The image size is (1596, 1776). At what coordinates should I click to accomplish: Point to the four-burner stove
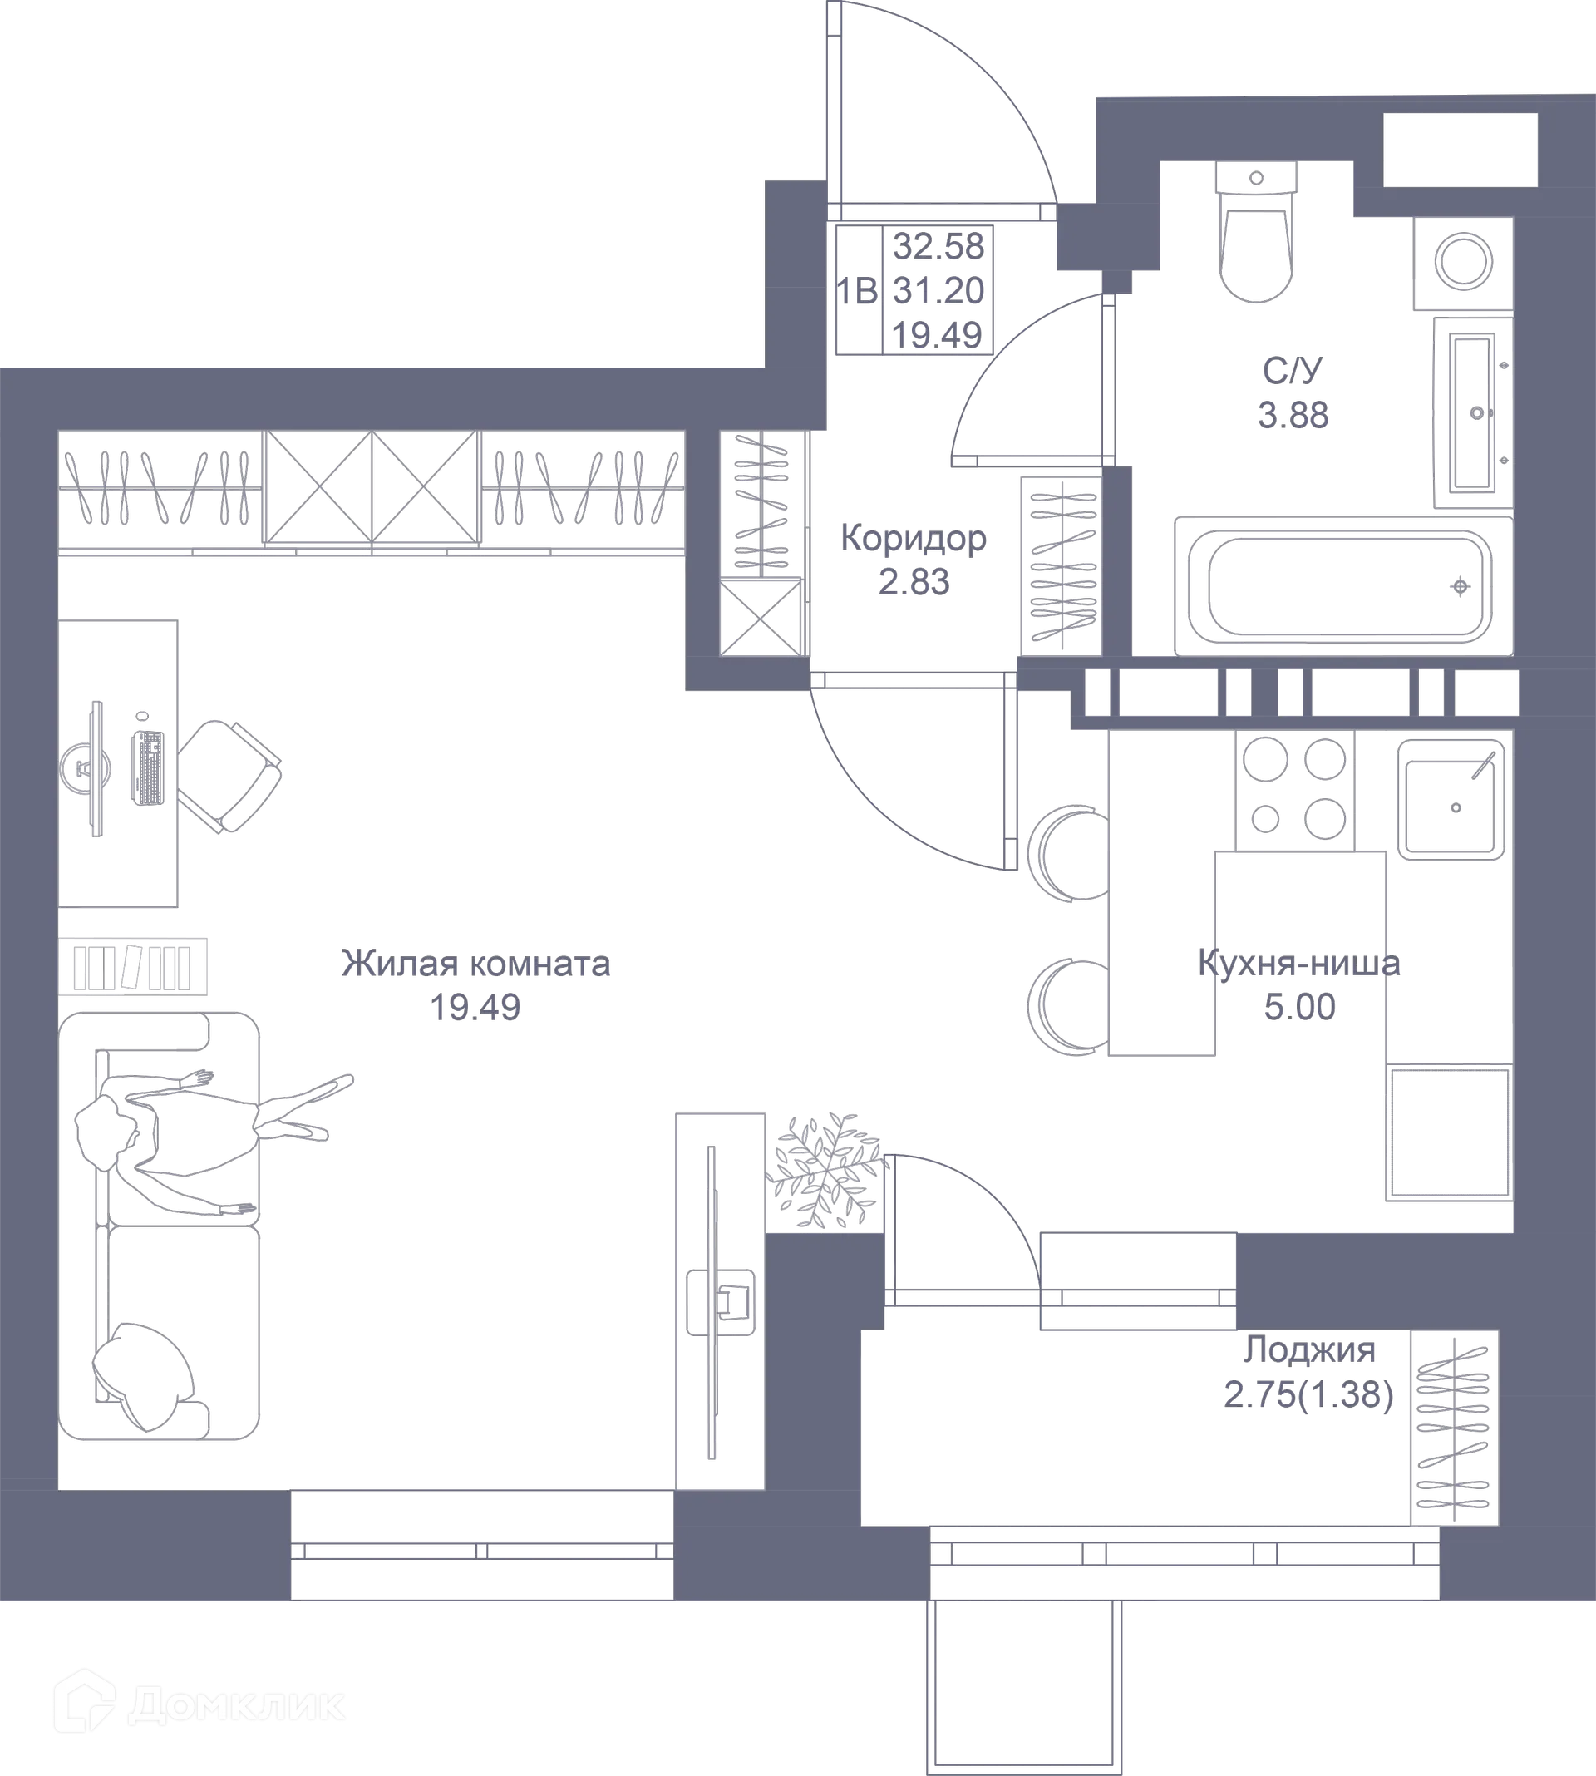1294,789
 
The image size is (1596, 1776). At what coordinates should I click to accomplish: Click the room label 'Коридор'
914,538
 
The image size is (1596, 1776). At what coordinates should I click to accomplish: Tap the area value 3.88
1293,414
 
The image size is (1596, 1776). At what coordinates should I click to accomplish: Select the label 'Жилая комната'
475,963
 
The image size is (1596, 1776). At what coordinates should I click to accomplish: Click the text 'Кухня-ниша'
1298,962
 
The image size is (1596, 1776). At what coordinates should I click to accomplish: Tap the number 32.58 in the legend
938,245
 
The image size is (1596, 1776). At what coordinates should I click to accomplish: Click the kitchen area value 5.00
1299,1006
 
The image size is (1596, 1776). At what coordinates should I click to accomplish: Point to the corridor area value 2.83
914,580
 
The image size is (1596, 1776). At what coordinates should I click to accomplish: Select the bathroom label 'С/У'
1293,369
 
